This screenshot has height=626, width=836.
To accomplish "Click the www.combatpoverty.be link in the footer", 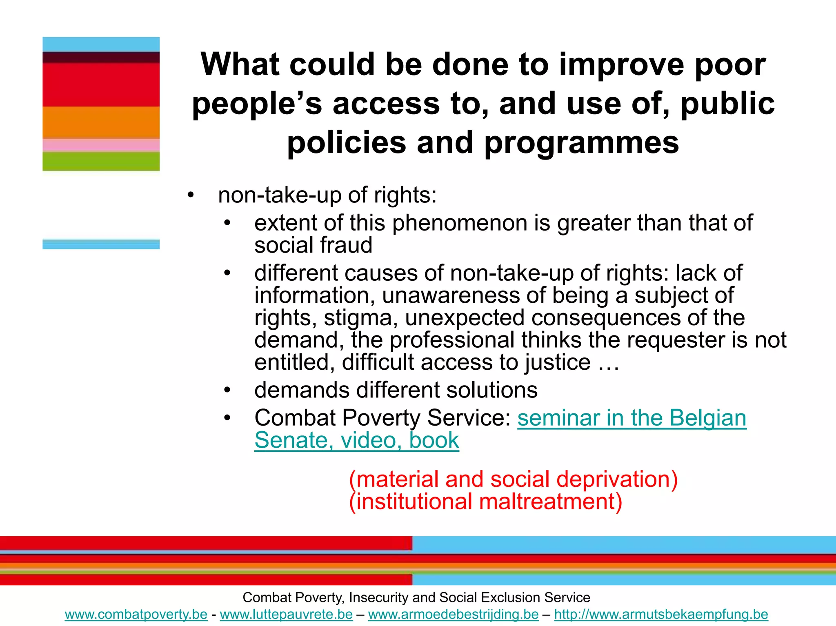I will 136,614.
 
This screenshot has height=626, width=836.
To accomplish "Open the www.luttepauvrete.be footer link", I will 286,614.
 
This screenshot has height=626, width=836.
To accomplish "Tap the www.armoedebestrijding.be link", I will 453,614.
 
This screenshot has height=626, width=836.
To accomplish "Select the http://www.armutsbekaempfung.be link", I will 661,614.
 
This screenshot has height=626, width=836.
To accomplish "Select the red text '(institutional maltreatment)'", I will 486,502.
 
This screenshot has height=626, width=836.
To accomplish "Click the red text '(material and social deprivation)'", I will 513,479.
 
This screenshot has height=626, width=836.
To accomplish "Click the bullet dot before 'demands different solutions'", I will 227,390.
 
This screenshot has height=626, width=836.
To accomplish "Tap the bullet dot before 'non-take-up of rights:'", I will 191,195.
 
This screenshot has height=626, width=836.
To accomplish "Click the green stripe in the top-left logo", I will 101,161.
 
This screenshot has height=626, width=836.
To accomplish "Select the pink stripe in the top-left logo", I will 101,145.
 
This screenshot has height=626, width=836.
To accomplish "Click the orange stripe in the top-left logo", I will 101,122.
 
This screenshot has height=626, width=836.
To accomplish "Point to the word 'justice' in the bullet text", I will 557,362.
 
